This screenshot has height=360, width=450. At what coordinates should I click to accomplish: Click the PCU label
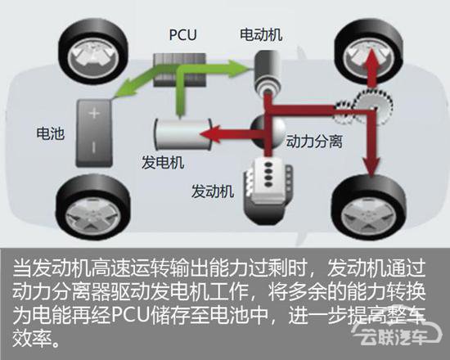point(182,34)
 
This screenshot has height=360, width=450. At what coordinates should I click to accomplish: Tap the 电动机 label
point(261,34)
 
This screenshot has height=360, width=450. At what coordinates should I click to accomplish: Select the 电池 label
point(50,133)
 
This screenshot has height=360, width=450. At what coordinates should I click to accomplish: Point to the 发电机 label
point(163,163)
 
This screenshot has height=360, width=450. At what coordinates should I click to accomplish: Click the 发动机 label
point(213,191)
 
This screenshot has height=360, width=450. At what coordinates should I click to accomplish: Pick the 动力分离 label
point(314,142)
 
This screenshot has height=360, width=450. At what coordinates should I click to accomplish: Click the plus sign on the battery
point(94,113)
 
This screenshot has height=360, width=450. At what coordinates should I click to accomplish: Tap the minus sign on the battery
point(93,147)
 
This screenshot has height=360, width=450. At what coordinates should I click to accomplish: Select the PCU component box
point(180,70)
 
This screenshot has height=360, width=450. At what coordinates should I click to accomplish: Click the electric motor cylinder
point(267,72)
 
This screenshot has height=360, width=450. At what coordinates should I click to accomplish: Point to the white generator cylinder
point(182,134)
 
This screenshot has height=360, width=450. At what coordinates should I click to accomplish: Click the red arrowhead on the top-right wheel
point(372,57)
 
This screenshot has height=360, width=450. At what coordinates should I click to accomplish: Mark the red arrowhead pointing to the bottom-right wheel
point(372,167)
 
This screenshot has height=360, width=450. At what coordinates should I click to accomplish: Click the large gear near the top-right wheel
point(372,106)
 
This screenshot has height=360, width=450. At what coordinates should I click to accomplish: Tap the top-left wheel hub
point(92,58)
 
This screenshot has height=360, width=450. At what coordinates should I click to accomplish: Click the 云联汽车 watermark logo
point(398,333)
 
